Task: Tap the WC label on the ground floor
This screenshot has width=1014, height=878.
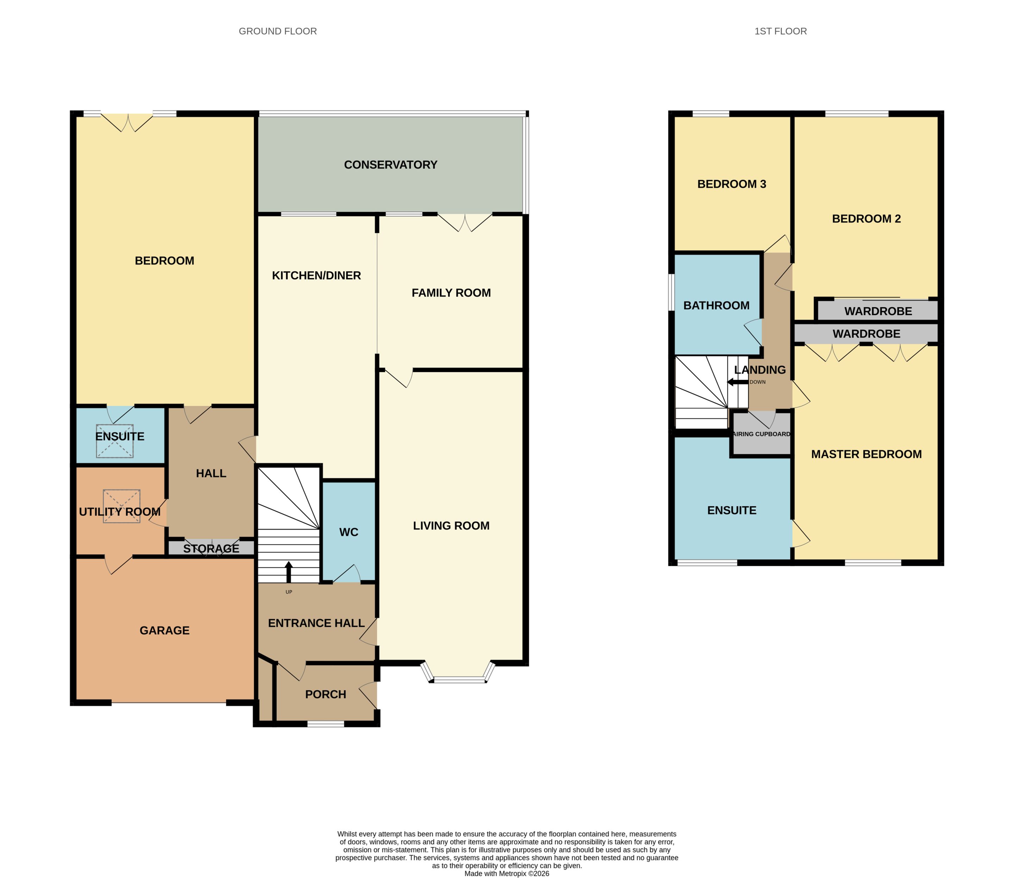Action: (x=349, y=532)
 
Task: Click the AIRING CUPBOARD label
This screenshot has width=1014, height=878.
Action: (x=762, y=434)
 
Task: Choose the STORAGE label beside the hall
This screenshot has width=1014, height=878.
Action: (x=211, y=549)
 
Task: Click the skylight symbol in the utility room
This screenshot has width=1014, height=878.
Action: (x=121, y=506)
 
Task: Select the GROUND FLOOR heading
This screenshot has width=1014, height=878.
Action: (x=277, y=31)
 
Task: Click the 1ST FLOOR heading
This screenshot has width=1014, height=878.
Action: (x=781, y=31)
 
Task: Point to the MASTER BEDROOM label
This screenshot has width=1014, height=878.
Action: (x=866, y=454)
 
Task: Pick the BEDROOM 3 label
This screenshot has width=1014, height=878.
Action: (x=732, y=184)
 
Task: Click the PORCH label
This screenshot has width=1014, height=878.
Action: (x=326, y=694)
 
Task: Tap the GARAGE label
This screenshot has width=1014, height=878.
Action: (x=164, y=631)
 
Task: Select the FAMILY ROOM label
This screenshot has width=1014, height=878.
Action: (x=451, y=293)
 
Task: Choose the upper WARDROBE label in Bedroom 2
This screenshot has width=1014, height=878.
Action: (x=878, y=311)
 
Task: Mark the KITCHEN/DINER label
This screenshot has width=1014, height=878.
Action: (x=316, y=276)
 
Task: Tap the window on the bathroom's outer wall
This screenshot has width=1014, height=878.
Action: (x=672, y=292)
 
